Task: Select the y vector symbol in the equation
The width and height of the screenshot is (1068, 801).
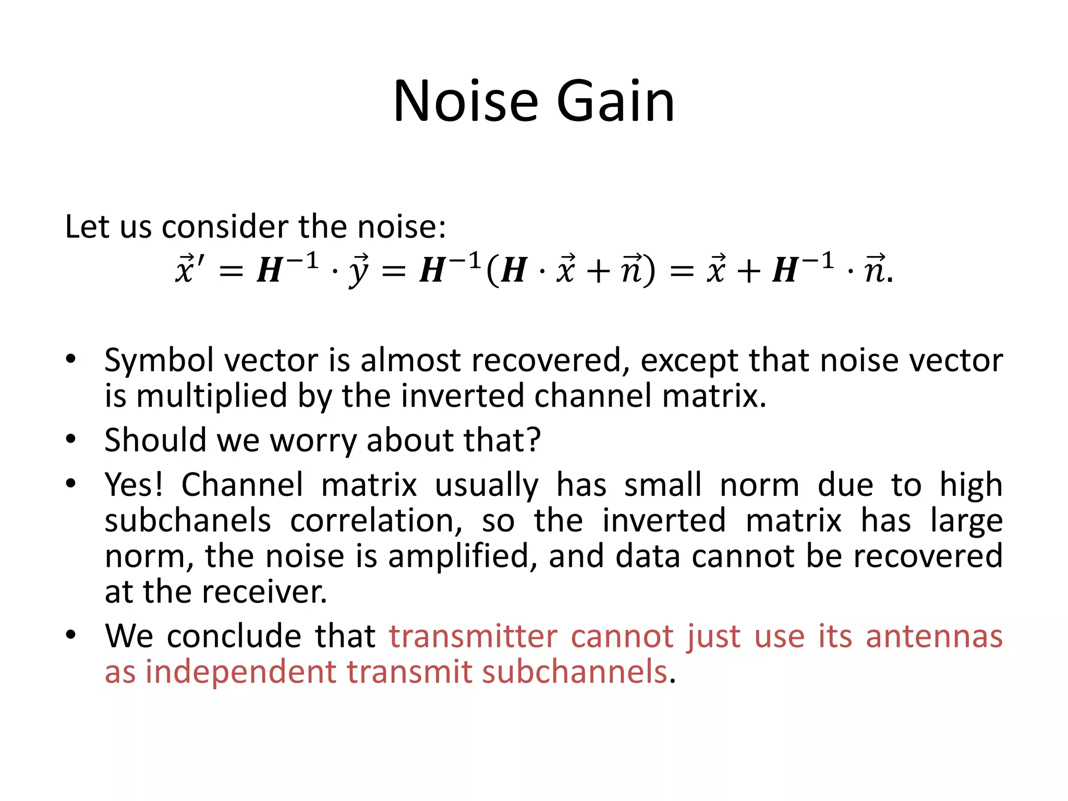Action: click(x=359, y=271)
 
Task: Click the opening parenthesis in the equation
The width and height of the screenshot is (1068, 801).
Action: click(x=491, y=271)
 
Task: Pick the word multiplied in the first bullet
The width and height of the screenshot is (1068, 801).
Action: click(x=211, y=396)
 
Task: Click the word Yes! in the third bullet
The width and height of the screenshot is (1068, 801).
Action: click(x=133, y=485)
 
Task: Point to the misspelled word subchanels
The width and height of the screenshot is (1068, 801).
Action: click(x=188, y=520)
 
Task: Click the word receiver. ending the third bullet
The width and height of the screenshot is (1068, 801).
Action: click(x=264, y=592)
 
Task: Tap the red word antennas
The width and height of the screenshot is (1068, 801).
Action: click(x=934, y=637)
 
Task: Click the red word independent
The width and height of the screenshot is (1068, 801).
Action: click(x=240, y=672)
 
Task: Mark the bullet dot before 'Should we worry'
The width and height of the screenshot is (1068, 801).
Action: click(x=71, y=439)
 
